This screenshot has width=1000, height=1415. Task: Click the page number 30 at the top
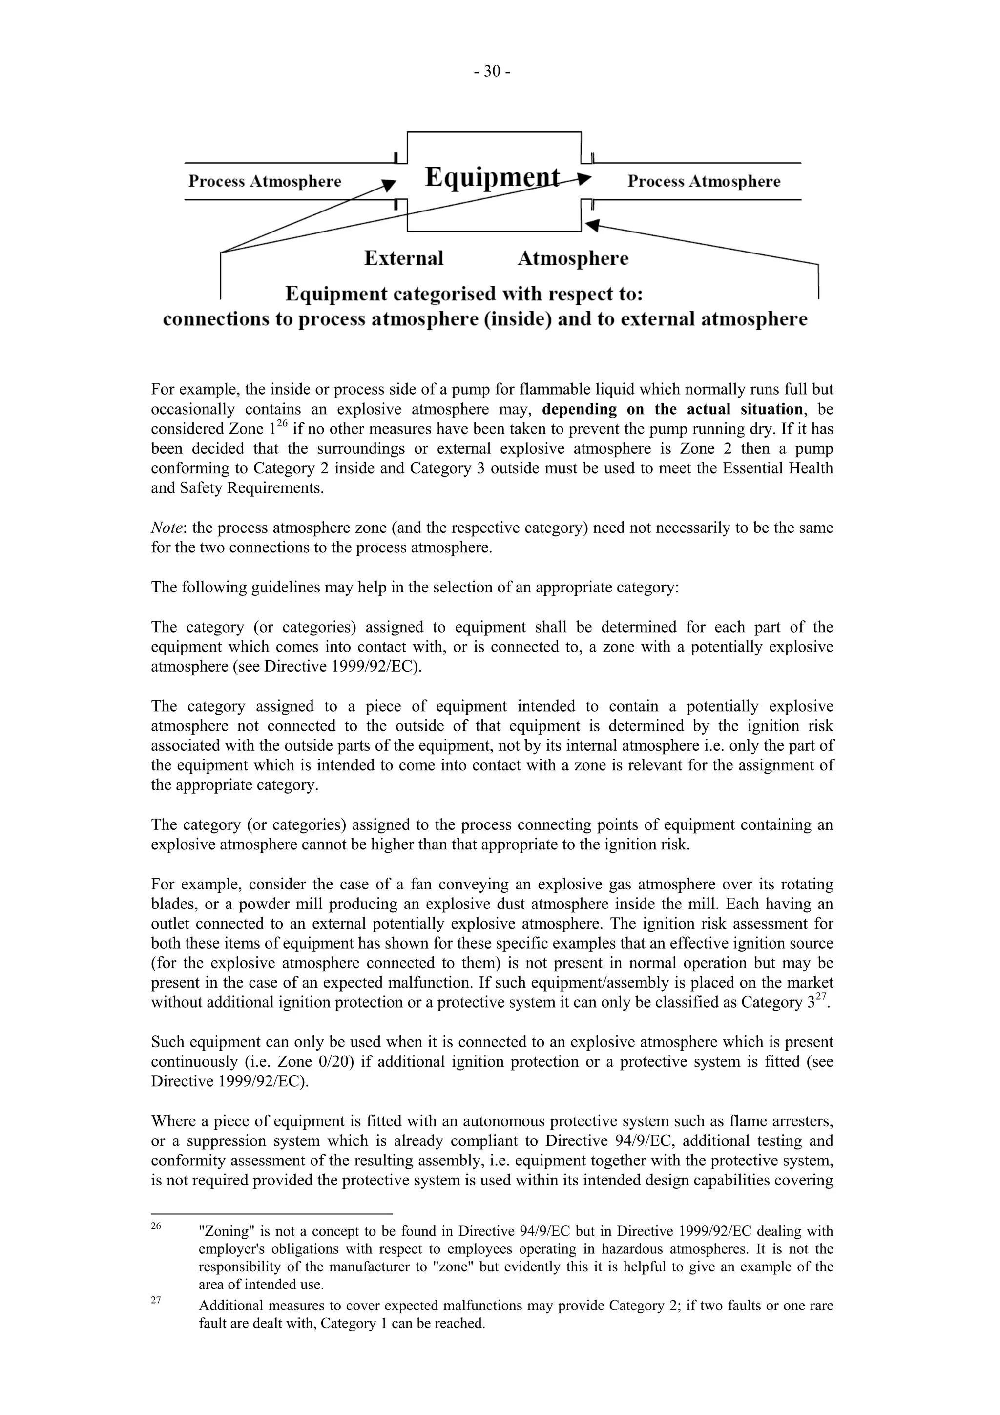(492, 72)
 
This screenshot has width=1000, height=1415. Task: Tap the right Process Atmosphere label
(704, 181)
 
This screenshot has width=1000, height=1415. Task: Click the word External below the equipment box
(404, 258)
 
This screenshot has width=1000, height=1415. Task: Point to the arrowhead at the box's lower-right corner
(592, 226)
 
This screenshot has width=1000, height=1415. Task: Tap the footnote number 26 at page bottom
(156, 1226)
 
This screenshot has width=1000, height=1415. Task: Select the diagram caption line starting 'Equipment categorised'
(463, 294)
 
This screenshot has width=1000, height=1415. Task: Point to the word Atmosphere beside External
(572, 258)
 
